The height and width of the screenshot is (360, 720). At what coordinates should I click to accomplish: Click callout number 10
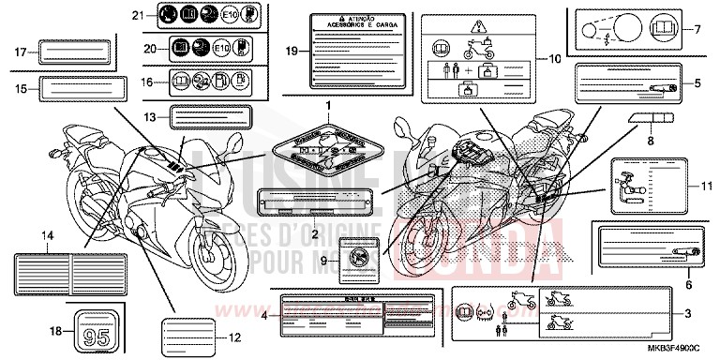554,58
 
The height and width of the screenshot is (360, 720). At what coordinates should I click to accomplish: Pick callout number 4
265,315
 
